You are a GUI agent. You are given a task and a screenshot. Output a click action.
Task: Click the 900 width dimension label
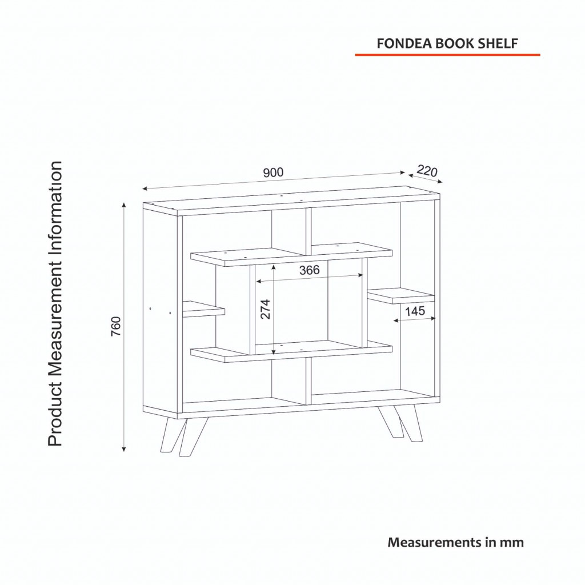coord(273,173)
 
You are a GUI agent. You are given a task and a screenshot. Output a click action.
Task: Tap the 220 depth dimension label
coord(427,170)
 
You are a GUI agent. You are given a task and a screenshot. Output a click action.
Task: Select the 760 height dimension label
coord(116,326)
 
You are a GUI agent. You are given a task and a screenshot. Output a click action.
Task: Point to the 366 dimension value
coord(309,270)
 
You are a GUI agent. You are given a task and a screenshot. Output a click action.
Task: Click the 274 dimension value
coord(265,309)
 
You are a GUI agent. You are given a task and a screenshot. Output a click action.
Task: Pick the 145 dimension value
coord(415,311)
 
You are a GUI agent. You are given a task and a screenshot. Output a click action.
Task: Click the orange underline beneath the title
coord(447,55)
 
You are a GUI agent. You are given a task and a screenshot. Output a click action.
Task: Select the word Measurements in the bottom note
coord(435,542)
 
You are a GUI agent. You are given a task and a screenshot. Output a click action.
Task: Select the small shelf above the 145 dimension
coord(400,295)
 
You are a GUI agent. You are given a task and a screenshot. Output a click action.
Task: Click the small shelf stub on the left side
coord(204,309)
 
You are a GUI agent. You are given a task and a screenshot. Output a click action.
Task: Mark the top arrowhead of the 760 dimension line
coord(124,205)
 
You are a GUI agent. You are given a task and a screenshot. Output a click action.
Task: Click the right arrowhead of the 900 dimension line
coord(402,173)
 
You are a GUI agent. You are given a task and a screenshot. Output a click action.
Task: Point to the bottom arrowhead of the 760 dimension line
coord(124,449)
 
